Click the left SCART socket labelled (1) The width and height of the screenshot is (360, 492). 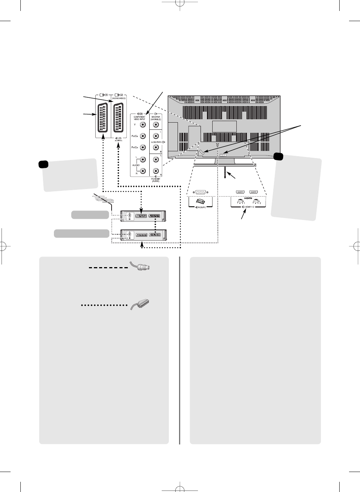pyautogui.click(x=103, y=117)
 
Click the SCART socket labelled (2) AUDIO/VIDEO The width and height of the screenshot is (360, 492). pyautogui.click(x=119, y=117)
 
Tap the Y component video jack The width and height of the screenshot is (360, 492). pyautogui.click(x=143, y=125)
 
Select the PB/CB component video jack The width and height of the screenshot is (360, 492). pyautogui.click(x=143, y=136)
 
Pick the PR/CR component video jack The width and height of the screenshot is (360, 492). pyautogui.click(x=143, y=147)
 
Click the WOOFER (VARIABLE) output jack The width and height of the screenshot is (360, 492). pyautogui.click(x=156, y=125)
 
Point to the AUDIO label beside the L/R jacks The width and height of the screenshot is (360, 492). pyautogui.click(x=136, y=165)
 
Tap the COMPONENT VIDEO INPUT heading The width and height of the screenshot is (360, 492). pyautogui.click(x=139, y=118)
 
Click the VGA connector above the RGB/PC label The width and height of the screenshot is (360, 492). pyautogui.click(x=201, y=192)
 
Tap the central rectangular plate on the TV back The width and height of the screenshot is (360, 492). pyautogui.click(x=224, y=126)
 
